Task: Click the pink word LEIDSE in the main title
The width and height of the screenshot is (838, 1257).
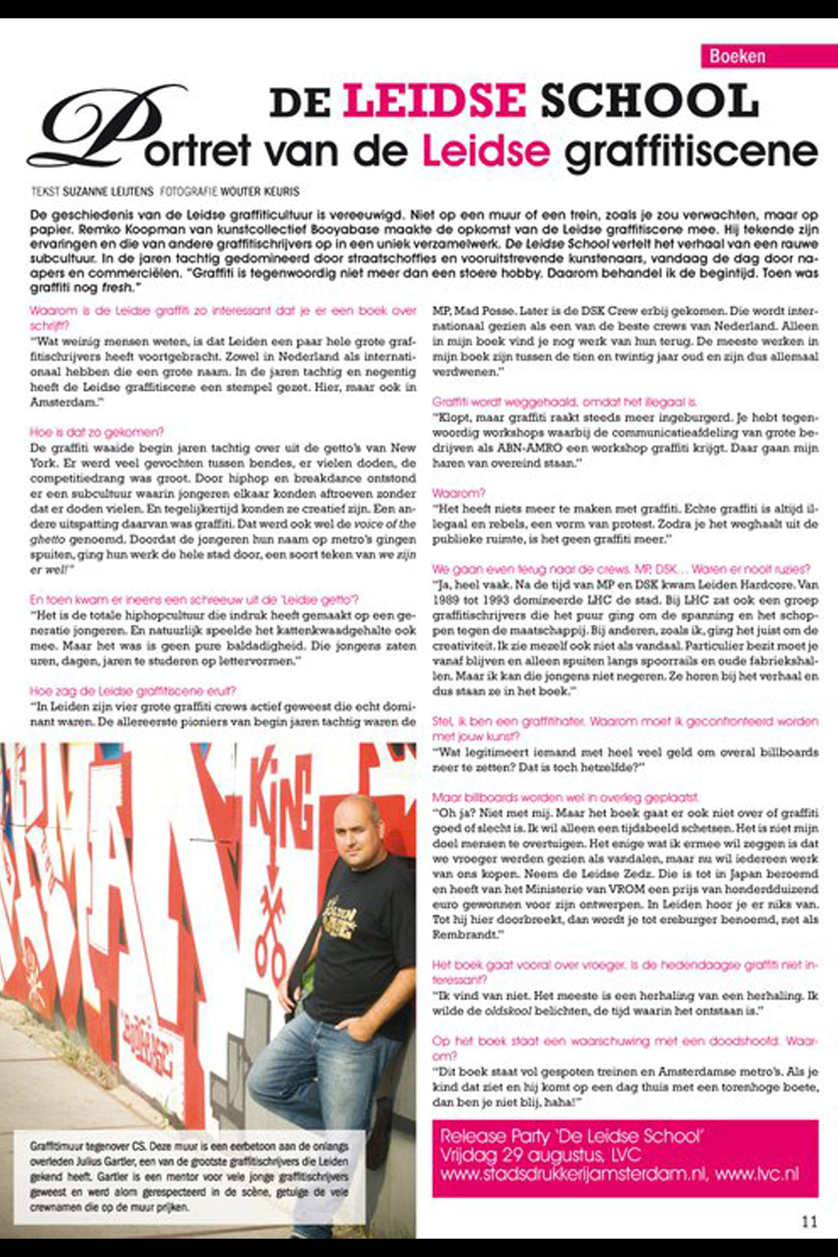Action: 434,101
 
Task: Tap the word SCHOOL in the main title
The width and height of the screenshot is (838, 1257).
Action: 649,101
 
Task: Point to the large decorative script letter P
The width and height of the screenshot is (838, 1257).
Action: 105,131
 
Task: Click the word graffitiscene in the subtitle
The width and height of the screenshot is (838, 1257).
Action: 691,151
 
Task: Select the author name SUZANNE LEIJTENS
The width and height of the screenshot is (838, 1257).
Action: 108,192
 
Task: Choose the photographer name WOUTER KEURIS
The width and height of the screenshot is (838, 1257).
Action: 260,192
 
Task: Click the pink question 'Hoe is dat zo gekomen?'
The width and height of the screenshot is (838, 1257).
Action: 96,432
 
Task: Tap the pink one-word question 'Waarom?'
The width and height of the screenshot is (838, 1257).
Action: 458,493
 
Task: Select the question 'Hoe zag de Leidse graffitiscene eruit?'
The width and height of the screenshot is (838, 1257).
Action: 132,691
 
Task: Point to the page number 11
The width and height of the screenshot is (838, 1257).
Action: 809,1222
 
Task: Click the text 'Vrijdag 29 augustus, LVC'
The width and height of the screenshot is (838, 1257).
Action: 540,1155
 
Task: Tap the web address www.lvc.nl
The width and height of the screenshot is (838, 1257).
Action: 757,1174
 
